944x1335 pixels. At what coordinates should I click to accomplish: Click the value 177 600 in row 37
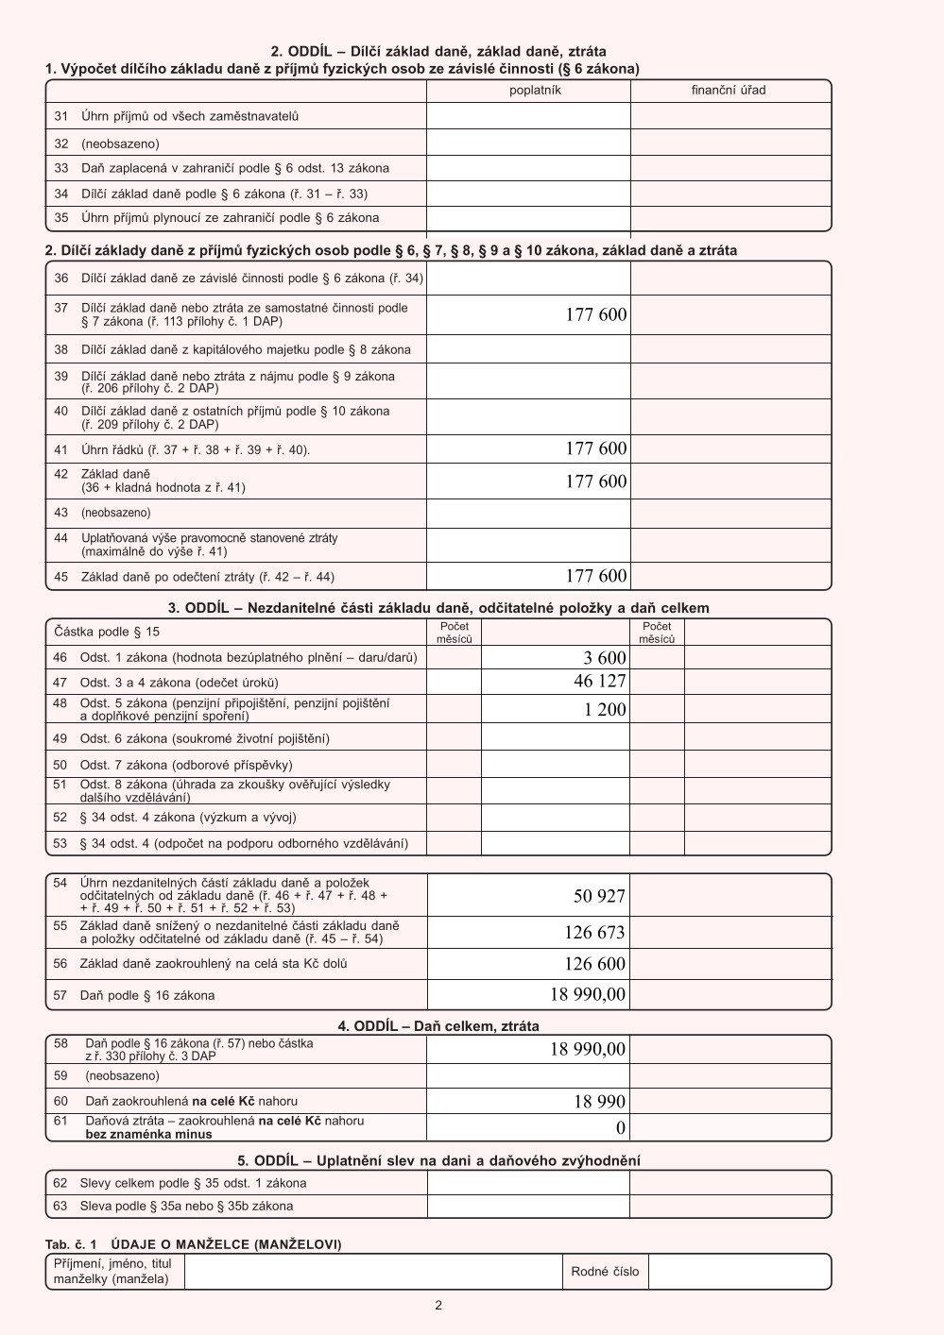coord(595,315)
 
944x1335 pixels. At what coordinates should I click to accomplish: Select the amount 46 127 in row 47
coord(599,682)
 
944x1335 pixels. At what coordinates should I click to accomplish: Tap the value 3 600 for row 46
coord(605,658)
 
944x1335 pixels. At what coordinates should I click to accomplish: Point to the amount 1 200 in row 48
coord(605,710)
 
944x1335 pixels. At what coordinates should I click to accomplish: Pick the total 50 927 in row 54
coord(599,896)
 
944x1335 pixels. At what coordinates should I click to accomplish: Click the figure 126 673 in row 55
coord(594,933)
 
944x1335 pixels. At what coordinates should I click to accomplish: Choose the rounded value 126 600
coord(594,964)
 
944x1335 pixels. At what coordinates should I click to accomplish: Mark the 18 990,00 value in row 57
coord(587,994)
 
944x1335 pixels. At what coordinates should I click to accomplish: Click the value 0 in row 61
coord(621,1127)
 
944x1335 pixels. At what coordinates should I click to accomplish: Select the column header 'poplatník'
coord(535,91)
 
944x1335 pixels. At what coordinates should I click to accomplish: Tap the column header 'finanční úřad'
coord(729,91)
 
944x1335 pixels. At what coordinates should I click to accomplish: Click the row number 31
coord(61,116)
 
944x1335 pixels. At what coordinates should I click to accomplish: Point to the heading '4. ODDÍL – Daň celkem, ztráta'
coord(438,1026)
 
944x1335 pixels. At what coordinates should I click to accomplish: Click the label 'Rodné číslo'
coord(605,1272)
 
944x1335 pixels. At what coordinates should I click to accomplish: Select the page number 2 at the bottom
coord(438,1306)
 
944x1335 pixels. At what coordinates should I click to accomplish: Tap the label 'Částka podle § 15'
coord(107,632)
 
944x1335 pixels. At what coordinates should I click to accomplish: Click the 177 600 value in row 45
coord(595,576)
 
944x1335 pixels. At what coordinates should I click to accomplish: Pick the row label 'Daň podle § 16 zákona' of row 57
coord(146,995)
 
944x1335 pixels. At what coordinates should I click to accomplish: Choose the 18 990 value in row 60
coord(599,1102)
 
